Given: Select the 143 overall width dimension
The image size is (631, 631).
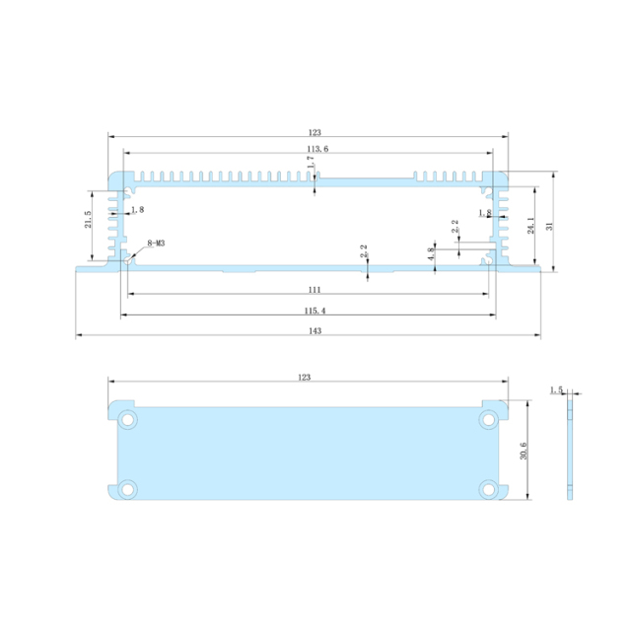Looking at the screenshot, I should [314, 330].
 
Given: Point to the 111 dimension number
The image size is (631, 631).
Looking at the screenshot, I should [314, 290].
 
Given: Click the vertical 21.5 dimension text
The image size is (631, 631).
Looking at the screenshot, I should [88, 220].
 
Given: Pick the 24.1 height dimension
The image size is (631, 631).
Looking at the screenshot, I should [530, 226].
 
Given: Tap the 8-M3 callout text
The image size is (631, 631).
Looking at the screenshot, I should [156, 243].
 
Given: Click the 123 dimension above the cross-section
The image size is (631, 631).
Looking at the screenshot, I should [315, 132].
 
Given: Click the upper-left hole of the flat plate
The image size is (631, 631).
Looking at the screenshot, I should [128, 420].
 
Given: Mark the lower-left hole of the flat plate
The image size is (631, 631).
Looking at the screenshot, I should [128, 487].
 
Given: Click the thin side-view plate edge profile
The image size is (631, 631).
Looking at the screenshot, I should [571, 450].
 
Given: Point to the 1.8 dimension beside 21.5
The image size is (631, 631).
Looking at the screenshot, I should [136, 210].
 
